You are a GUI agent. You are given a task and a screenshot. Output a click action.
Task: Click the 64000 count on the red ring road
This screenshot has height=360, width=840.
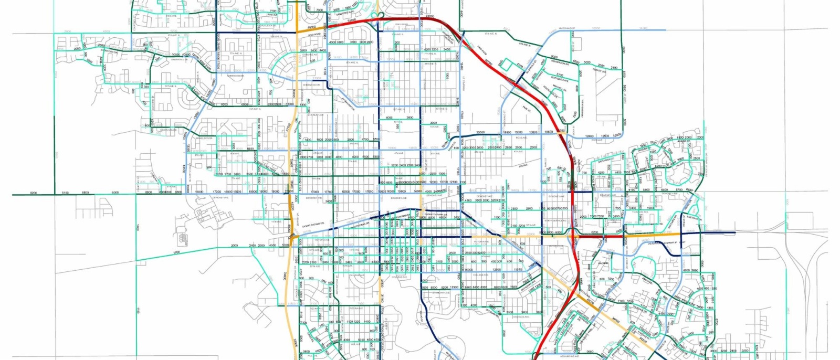click(429, 16)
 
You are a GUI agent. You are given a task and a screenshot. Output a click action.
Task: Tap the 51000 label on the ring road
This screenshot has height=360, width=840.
click(351, 20)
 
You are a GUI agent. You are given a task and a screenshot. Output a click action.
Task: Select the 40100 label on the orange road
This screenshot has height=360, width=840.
click(311, 27)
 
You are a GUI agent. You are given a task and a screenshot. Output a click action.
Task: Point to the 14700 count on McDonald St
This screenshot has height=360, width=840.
click(643, 28)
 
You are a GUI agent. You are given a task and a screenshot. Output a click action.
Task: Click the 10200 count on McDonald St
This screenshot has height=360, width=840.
click(596, 28)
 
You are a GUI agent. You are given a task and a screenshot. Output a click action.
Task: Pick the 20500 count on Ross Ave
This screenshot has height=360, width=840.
click(480, 133)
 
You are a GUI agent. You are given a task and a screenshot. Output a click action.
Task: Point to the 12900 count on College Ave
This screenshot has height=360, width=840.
click(497, 270)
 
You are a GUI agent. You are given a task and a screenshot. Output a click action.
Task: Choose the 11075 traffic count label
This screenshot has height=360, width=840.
click(518, 270)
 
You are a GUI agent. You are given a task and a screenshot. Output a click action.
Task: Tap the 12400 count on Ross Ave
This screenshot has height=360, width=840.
click(589, 136)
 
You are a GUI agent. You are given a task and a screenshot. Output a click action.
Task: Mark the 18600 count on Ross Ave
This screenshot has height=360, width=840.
click(549, 132)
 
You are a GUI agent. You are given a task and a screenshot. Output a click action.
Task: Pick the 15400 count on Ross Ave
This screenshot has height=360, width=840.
click(507, 133)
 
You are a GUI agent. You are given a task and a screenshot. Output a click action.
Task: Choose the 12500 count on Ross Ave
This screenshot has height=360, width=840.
click(605, 136)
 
